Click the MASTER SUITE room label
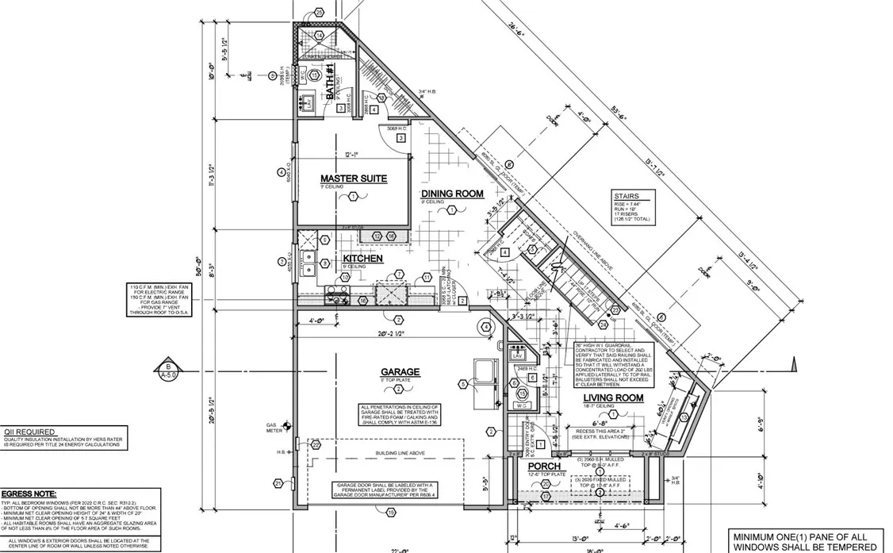point(354,179)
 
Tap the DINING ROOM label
point(452,194)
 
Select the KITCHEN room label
point(362,259)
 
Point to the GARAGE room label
point(400,372)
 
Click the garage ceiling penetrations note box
point(398,419)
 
